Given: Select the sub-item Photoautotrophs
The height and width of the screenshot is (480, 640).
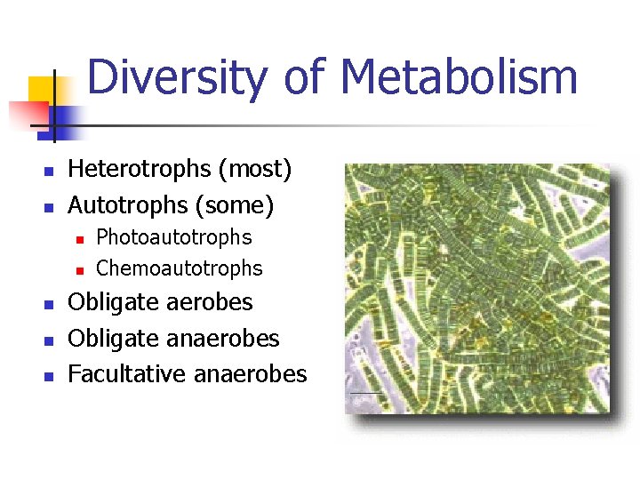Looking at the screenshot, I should coord(173,237).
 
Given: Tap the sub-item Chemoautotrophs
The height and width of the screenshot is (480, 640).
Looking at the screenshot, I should coord(179,268).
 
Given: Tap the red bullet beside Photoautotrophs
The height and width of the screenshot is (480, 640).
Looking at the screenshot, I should coord(79,239).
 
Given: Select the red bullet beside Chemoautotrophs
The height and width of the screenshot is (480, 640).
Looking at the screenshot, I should coord(79,269).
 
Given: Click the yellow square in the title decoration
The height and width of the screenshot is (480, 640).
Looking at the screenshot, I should coord(43,92).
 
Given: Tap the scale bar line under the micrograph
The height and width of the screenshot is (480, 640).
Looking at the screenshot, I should coord(366,393).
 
